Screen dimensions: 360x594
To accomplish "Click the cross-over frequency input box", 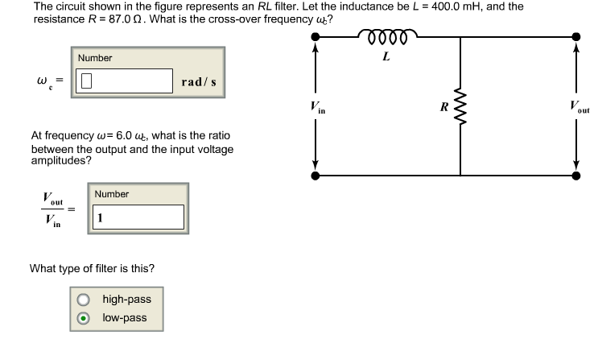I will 125,81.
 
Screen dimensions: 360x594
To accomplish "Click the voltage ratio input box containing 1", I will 138,217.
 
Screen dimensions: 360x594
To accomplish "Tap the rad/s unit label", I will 198,81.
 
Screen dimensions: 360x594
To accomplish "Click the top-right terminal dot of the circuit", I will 575,37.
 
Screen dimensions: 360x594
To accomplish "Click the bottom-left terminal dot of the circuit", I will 316,174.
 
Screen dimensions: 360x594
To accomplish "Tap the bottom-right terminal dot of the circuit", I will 575,174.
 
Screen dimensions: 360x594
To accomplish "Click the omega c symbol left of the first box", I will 44,81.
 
